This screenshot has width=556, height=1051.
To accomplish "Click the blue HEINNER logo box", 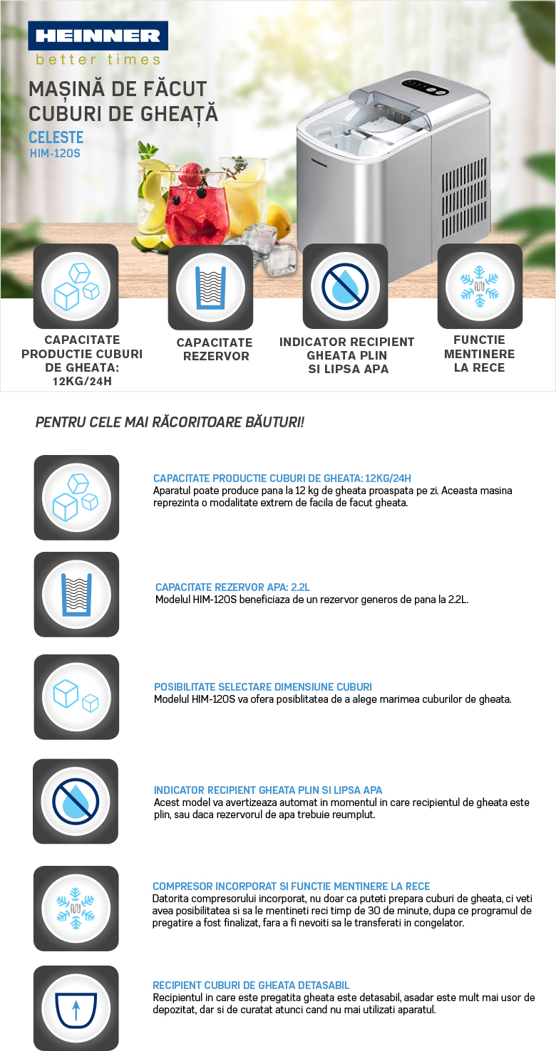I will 98,35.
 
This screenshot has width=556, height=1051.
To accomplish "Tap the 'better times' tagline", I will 98,59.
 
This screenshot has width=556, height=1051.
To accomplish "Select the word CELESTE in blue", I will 56,137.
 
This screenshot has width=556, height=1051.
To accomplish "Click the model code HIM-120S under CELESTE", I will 55,152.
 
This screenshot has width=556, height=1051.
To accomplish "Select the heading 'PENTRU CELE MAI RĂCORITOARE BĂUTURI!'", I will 170,422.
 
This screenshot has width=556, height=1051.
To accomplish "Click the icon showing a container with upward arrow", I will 76,1008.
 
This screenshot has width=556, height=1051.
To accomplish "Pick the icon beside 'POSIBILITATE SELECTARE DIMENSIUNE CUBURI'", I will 76,696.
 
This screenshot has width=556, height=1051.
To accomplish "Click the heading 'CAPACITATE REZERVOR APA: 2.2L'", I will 232,587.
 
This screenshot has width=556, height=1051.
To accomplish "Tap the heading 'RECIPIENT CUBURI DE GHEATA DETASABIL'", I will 251,985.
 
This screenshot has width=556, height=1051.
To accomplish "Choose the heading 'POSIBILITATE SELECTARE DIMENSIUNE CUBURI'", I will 263,687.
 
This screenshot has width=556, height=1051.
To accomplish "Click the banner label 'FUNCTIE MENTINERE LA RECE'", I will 479,354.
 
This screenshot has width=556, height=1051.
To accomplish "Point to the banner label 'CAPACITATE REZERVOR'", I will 215,350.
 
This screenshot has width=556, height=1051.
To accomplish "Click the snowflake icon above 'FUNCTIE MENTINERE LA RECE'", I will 480,286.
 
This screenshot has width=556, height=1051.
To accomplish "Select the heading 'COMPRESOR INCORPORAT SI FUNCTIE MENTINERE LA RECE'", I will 292,887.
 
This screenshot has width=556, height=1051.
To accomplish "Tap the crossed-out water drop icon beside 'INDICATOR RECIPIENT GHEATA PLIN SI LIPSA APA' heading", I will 76,801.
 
